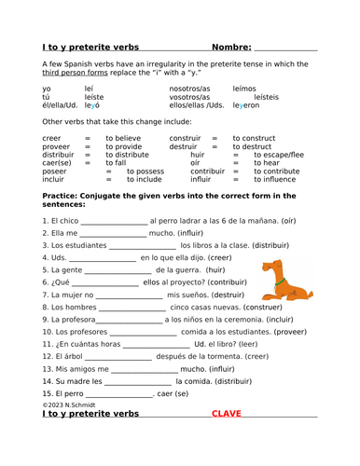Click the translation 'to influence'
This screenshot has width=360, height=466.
tap(261, 181)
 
